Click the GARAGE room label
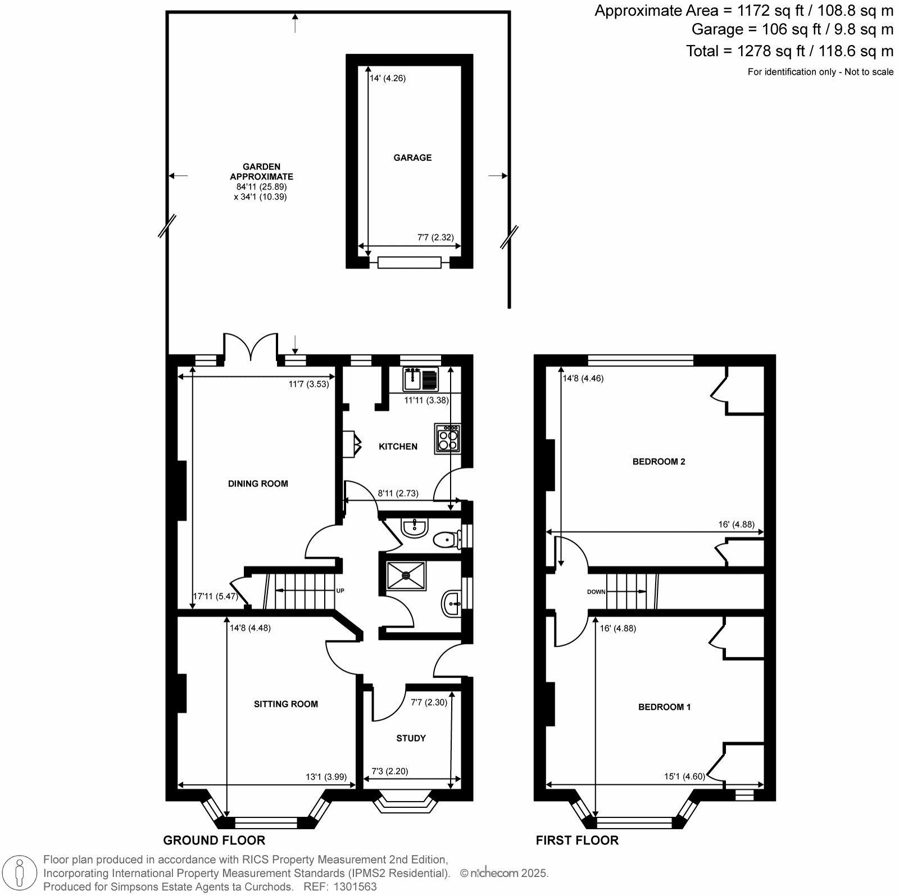[x=412, y=157]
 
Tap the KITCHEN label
[x=398, y=446]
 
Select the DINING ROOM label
[x=258, y=483]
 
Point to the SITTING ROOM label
[x=286, y=704]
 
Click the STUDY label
[x=411, y=738]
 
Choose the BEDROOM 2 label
[x=659, y=462]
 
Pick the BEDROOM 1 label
[x=665, y=707]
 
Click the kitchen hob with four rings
[x=448, y=439]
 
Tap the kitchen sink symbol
[x=421, y=379]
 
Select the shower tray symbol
[x=406, y=575]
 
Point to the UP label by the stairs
[x=340, y=591]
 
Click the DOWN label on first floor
[x=596, y=592]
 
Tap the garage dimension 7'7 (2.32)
[x=435, y=237]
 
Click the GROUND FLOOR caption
[x=214, y=840]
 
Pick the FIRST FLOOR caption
[x=577, y=840]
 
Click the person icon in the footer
[x=20, y=873]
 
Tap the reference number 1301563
[x=355, y=887]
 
